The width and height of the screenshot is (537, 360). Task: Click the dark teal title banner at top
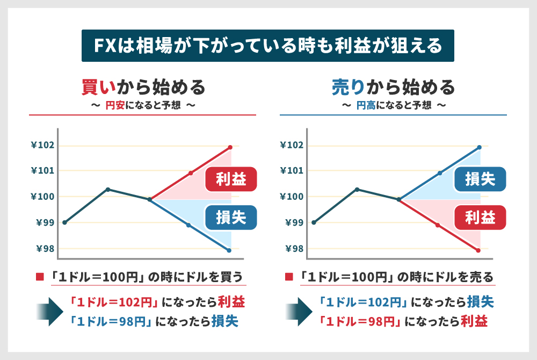[x=268, y=46]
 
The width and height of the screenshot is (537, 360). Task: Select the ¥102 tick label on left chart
[x=42, y=145]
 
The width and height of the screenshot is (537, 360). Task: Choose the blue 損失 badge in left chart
[x=231, y=217]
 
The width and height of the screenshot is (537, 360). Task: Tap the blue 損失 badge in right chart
[x=480, y=178]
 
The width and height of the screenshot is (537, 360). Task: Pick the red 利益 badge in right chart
[x=480, y=217]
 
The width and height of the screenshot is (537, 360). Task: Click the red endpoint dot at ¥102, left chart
[x=230, y=147]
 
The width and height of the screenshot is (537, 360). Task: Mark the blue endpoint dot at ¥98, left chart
[x=229, y=250]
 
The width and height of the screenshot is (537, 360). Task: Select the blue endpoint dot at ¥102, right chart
[x=479, y=147]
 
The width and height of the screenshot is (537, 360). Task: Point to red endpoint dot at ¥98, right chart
[x=478, y=250]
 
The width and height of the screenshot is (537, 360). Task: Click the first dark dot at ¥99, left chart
[x=64, y=222]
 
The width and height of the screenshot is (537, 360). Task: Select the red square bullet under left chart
[x=39, y=277]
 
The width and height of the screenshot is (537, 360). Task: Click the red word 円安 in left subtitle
[x=114, y=106]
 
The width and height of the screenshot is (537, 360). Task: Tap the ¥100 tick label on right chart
[x=292, y=197]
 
